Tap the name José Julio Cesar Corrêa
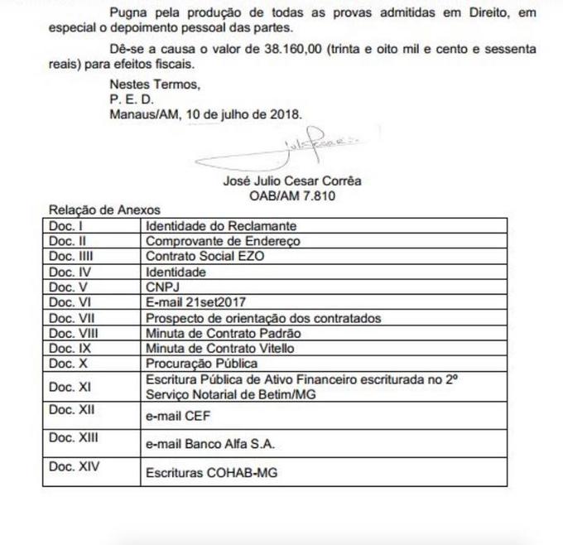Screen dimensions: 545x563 tap(292, 181)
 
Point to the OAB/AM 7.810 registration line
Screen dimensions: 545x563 tap(292, 196)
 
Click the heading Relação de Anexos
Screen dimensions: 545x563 tap(104, 210)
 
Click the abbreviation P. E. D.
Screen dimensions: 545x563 tap(132, 99)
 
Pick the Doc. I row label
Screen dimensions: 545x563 tap(65, 224)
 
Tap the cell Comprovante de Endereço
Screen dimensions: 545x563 tap(223, 241)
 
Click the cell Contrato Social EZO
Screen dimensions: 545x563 tap(205, 256)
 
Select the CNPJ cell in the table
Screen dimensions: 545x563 tap(163, 287)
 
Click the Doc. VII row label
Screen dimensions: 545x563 tap(74, 318)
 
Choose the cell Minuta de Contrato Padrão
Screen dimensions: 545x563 tap(223, 333)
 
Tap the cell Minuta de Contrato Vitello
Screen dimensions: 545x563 tap(219, 348)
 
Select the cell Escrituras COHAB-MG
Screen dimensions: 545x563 tap(211, 473)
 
